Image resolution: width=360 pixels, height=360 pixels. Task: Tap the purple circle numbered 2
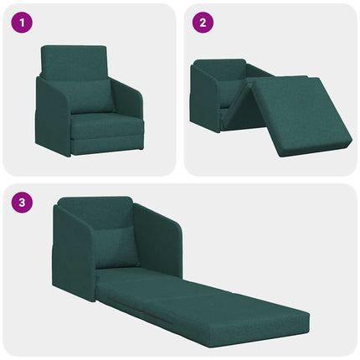203,23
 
